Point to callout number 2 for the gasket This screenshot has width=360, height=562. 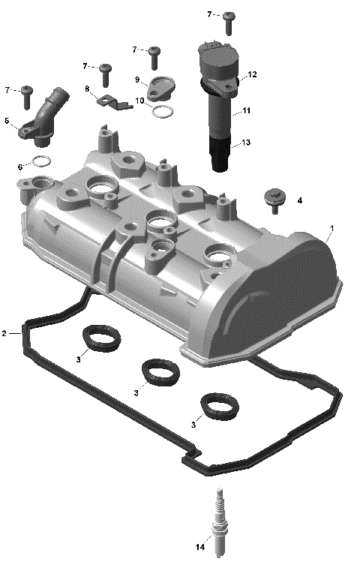(x=4, y=332)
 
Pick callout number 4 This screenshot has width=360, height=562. (x=300, y=200)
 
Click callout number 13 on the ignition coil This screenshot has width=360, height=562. (x=246, y=143)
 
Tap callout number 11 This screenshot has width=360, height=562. (x=246, y=110)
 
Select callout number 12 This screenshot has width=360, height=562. (x=252, y=74)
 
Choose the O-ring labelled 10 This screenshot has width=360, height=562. (x=165, y=113)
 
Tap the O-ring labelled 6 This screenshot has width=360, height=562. (x=43, y=161)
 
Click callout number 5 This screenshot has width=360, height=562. (x=7, y=120)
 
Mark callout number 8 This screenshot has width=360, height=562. (x=87, y=89)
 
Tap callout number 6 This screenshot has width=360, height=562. (x=20, y=166)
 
